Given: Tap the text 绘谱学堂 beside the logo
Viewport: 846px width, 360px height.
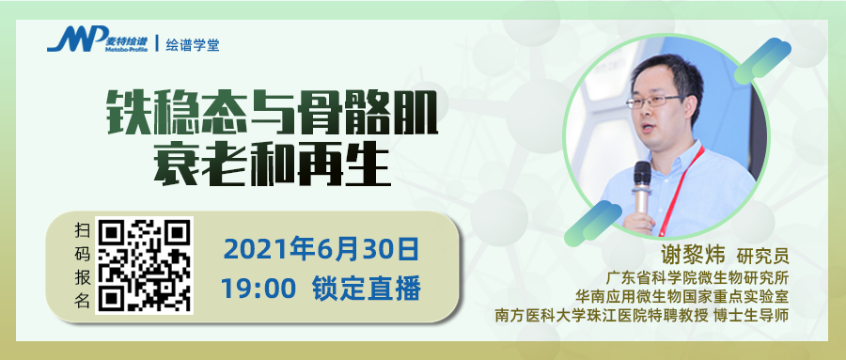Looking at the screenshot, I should click(x=193, y=44).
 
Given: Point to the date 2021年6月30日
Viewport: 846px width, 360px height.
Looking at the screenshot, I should click(x=320, y=250).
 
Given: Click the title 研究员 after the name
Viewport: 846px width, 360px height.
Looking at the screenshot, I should click(x=761, y=255).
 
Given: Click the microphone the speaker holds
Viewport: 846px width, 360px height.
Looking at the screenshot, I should click(x=642, y=184).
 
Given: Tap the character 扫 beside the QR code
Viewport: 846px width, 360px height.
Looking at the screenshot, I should click(x=82, y=230).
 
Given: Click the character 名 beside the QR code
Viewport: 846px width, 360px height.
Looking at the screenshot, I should click(x=82, y=301).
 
